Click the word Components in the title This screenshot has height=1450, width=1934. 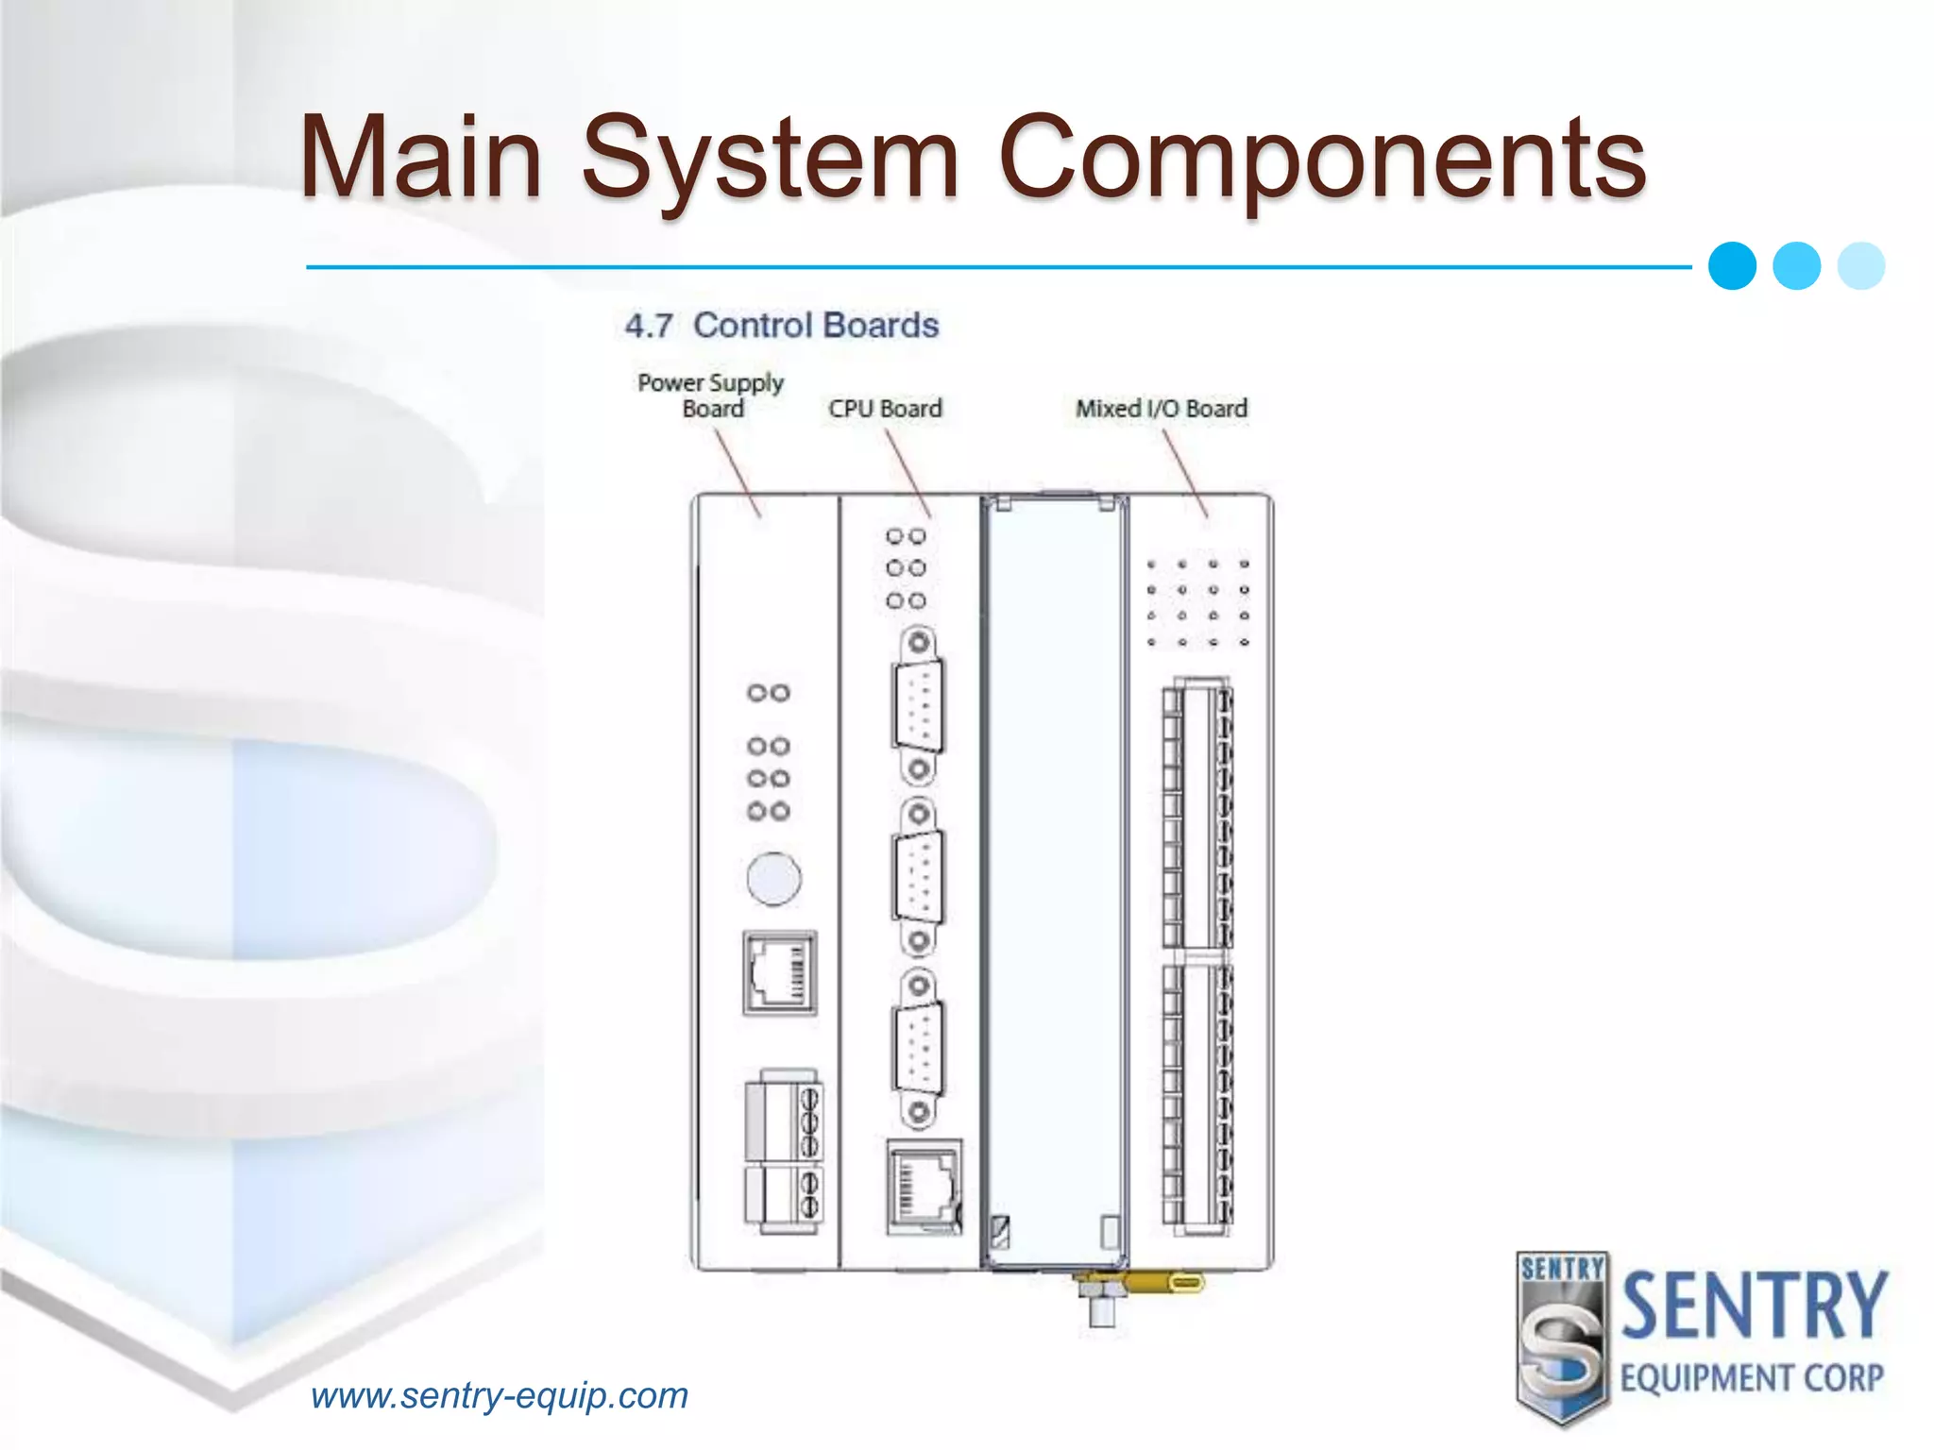[1322, 158]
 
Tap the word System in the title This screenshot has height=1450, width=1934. [770, 158]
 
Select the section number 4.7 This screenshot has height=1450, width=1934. [649, 327]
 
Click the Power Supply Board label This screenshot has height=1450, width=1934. [711, 396]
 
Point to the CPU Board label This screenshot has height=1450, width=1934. [885, 409]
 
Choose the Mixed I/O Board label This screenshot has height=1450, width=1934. [1161, 409]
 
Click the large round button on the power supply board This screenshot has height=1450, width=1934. [773, 879]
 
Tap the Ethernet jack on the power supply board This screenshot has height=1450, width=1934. [780, 973]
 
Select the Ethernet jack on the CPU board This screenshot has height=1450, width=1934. [925, 1188]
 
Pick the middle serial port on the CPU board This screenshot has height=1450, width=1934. [918, 878]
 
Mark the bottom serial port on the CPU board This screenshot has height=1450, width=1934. [918, 1050]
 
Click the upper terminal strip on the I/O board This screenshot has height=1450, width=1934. [1197, 814]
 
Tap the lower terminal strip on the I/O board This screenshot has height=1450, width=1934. [1197, 1095]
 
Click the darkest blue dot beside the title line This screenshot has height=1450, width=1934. [1732, 266]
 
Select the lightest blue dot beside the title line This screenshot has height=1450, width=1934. [1861, 266]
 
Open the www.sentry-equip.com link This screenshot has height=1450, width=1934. [500, 1395]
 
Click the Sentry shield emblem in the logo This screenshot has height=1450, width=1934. [1562, 1337]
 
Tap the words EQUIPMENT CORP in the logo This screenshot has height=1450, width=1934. [1752, 1378]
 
